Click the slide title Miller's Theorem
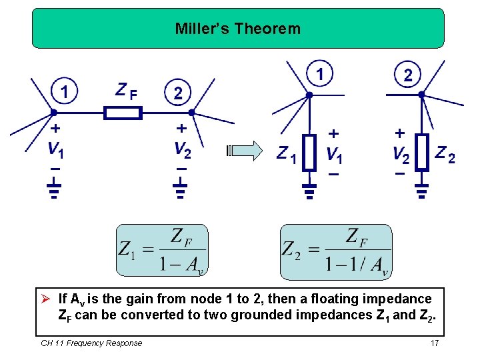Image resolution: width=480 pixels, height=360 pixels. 237,29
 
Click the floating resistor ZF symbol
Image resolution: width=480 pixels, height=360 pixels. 123,113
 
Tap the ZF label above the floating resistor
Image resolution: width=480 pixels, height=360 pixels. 127,91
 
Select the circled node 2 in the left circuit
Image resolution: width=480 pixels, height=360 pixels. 177,93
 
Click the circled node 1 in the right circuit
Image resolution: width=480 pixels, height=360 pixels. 321,73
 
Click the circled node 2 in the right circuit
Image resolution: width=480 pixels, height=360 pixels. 407,74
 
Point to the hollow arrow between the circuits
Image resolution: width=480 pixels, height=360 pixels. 243,151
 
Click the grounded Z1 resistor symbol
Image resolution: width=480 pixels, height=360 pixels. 309,153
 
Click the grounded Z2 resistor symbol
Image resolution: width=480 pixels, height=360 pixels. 421,153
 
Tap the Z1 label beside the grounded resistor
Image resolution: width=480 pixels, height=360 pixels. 287,155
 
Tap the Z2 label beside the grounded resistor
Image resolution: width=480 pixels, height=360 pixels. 445,155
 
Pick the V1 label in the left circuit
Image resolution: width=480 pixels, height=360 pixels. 56,151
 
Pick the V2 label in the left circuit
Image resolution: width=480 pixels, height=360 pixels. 182,151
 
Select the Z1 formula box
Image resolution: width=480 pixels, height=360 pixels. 162,251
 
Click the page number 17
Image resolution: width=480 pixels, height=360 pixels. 435,343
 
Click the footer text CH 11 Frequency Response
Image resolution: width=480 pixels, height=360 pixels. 91,343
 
